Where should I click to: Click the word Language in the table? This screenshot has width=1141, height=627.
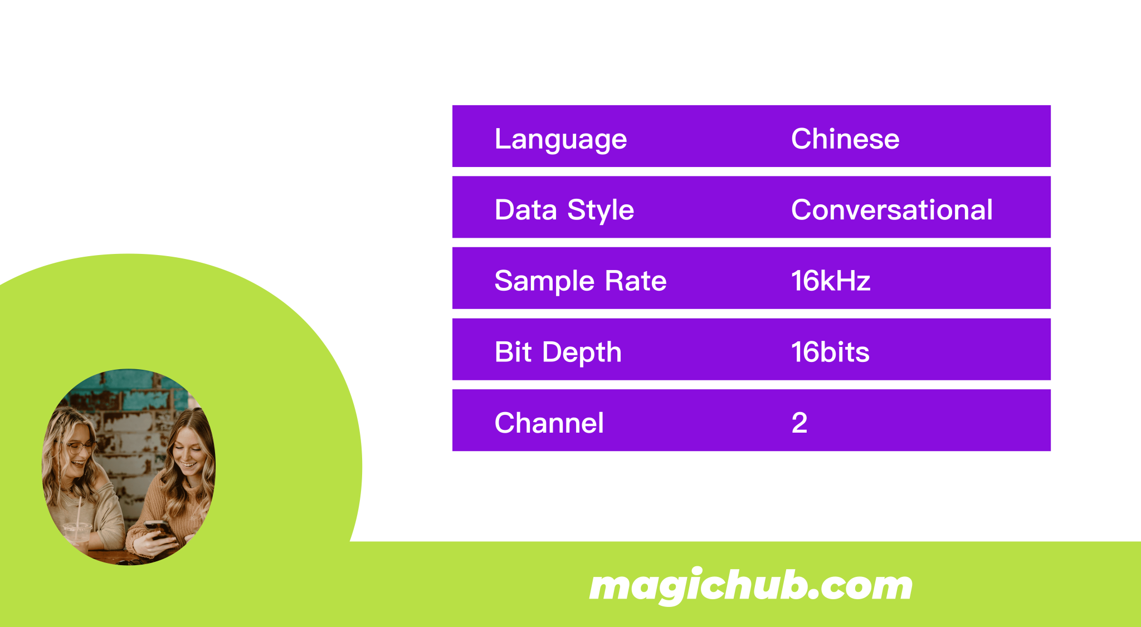click(560, 139)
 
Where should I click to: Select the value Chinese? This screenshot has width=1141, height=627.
click(845, 139)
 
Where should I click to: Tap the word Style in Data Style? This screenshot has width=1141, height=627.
click(600, 210)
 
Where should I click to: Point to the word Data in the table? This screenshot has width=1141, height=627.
click(525, 210)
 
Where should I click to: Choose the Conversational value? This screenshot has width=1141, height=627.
click(891, 210)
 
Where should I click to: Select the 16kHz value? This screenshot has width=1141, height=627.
click(830, 281)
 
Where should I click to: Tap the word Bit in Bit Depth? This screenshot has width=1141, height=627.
click(513, 352)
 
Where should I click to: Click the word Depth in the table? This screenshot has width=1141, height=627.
click(582, 352)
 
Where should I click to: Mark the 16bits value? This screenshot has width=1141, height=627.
click(830, 352)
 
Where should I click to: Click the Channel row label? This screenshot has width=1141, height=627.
click(549, 423)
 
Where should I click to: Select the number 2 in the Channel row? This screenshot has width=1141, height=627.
click(799, 423)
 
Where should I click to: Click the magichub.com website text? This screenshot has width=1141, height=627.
click(750, 586)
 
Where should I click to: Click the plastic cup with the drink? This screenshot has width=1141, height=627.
click(77, 535)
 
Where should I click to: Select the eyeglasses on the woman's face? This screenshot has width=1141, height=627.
click(80, 446)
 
